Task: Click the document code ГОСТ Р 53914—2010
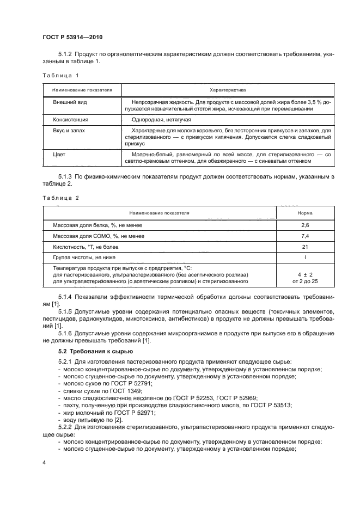click(x=72, y=38)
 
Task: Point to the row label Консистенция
click(x=70, y=119)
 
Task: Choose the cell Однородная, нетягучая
click(x=161, y=119)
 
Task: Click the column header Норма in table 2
click(x=304, y=213)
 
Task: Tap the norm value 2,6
click(x=304, y=225)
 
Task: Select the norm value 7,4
click(x=304, y=236)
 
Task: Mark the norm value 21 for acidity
click(x=304, y=246)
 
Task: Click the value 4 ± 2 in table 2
click(x=304, y=274)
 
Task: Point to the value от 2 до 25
click(x=304, y=281)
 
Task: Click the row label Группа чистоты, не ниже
click(x=84, y=256)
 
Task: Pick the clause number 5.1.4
click(x=66, y=296)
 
